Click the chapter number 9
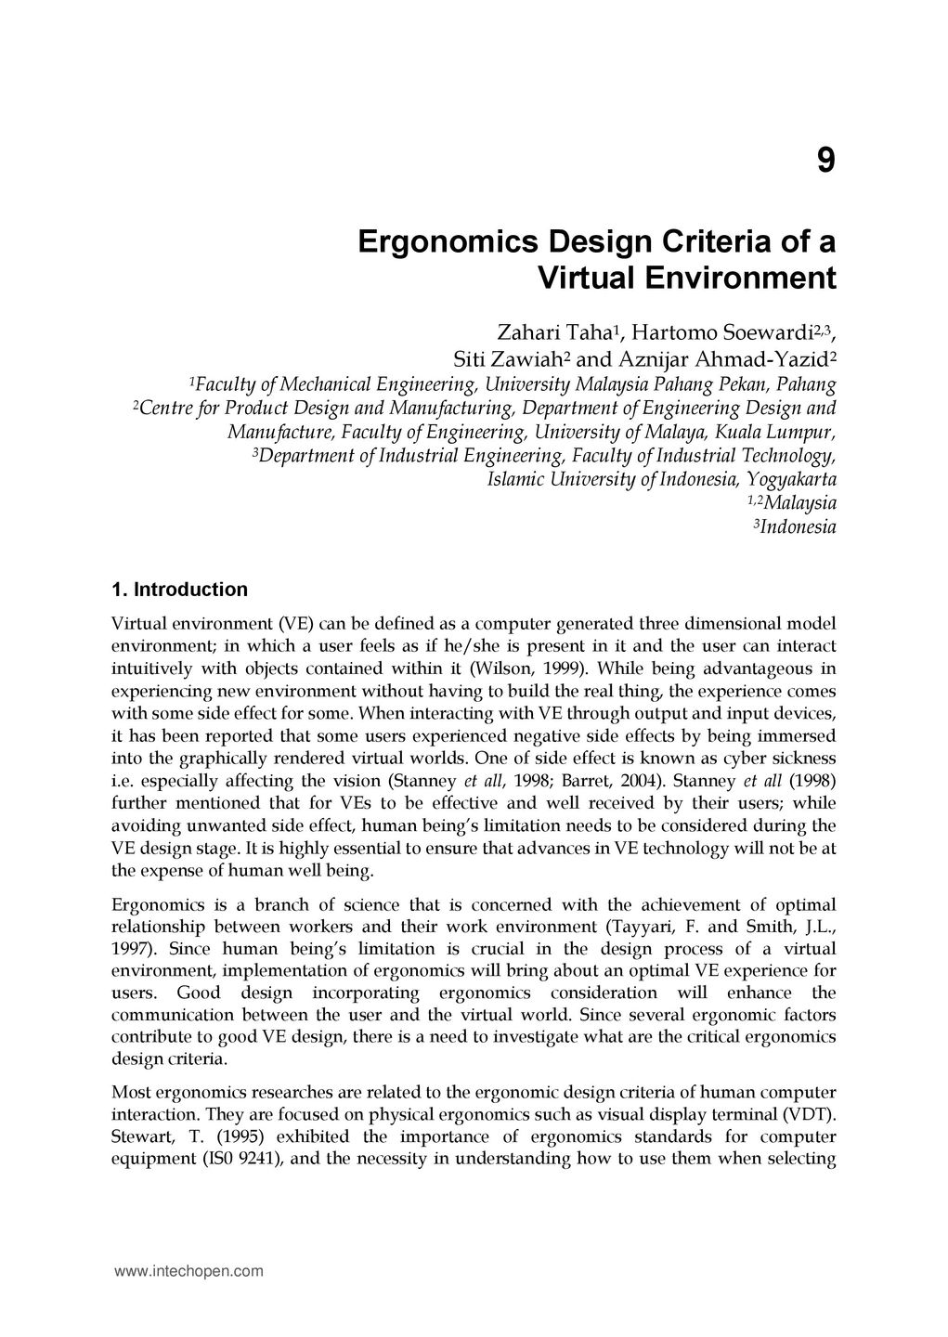point(825,162)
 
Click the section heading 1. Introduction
point(179,590)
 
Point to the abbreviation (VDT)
point(809,1114)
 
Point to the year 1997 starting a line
point(131,949)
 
